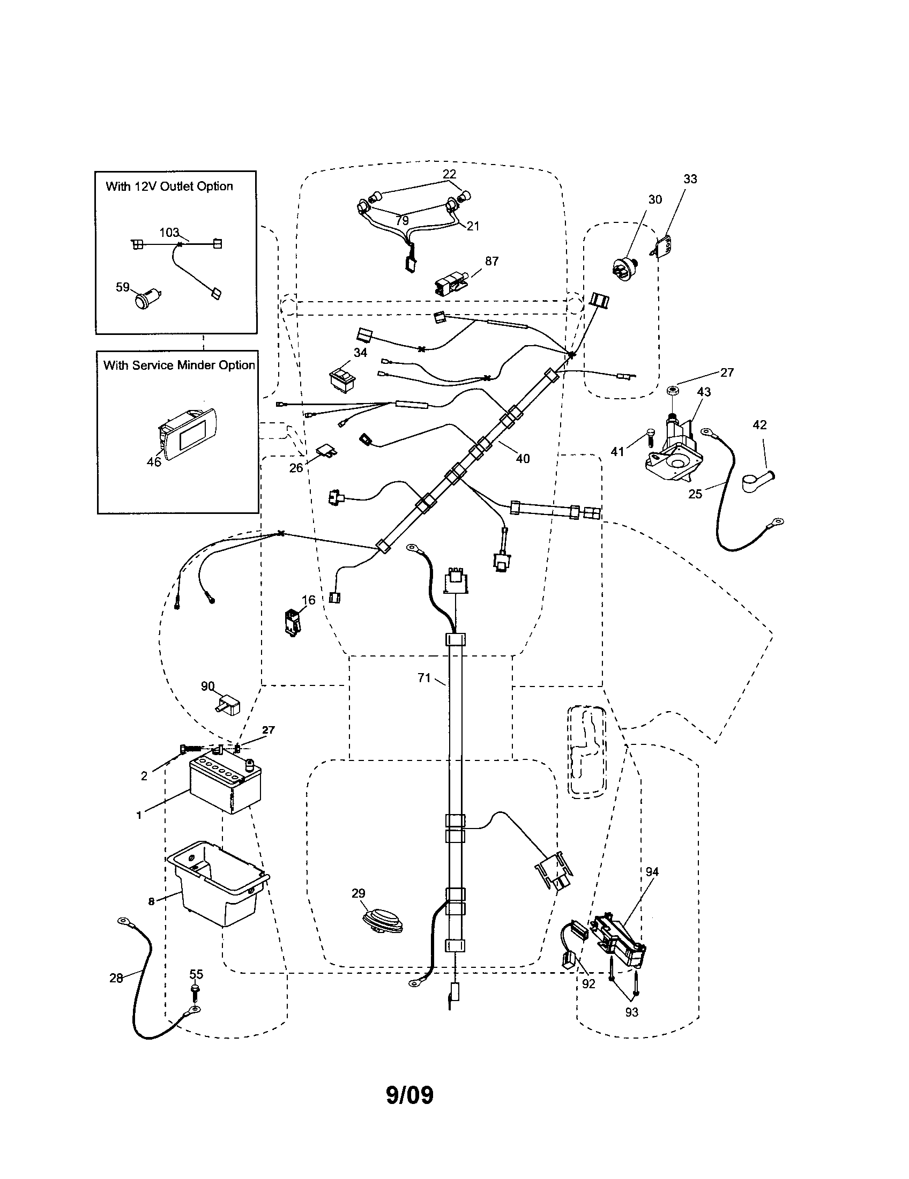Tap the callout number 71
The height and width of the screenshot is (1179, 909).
click(424, 678)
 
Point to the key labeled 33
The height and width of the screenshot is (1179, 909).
click(665, 247)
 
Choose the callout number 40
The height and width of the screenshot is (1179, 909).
click(523, 459)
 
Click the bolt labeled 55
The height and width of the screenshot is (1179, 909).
click(195, 993)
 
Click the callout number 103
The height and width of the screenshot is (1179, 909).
click(169, 232)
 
